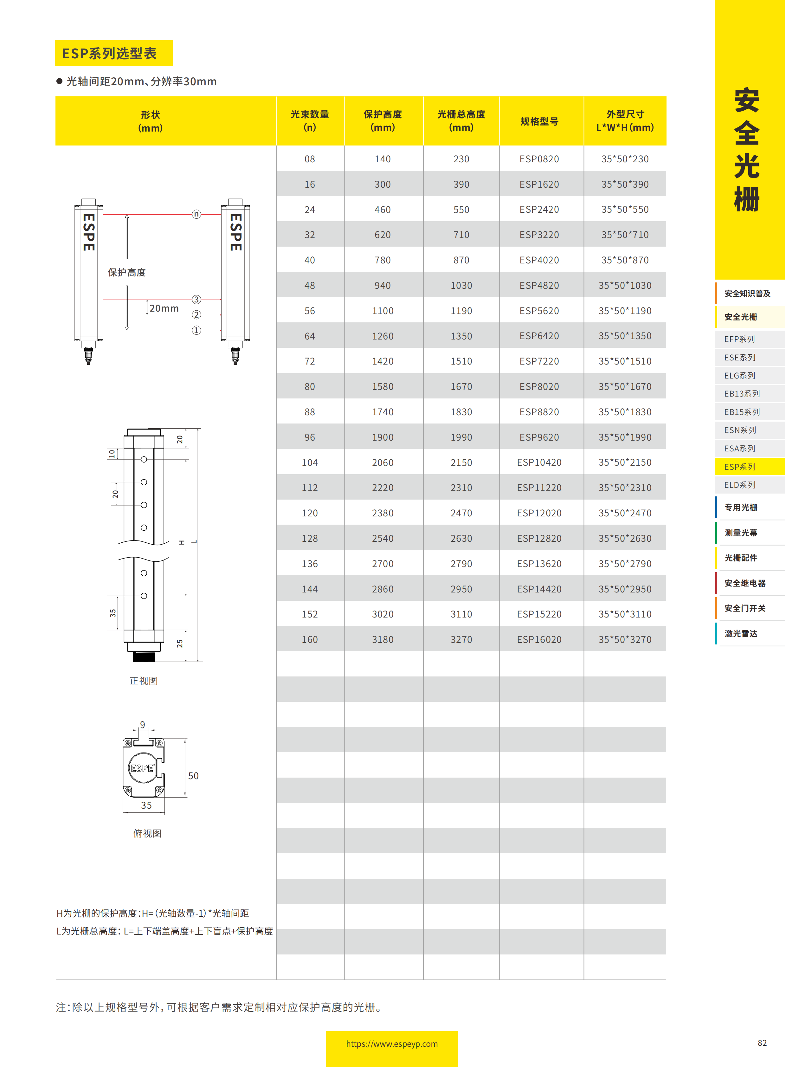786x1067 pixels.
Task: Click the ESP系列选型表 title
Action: [109, 53]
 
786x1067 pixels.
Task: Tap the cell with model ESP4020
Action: [539, 260]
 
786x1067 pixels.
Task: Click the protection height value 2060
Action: [383, 462]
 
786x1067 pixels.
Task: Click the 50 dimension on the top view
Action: [193, 776]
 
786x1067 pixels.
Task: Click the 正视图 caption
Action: [144, 681]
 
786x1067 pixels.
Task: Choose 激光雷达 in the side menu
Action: [741, 633]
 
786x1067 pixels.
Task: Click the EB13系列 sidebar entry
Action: [742, 394]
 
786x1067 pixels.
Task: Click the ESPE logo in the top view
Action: [142, 768]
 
